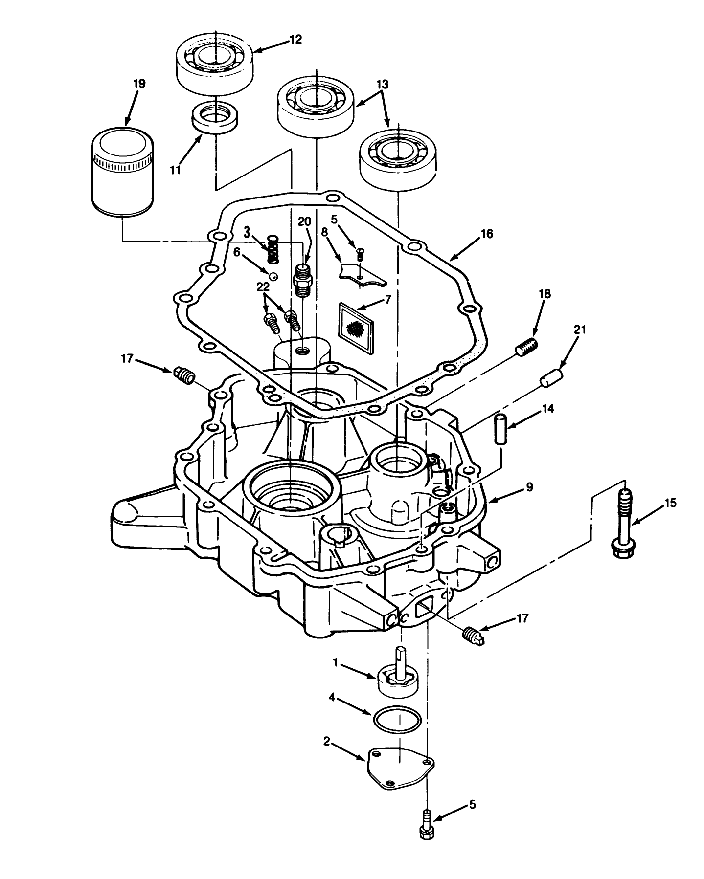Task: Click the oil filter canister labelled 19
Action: tap(122, 171)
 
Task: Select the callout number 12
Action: tap(295, 40)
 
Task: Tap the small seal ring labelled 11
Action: tap(215, 116)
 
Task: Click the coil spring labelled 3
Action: tap(272, 249)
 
